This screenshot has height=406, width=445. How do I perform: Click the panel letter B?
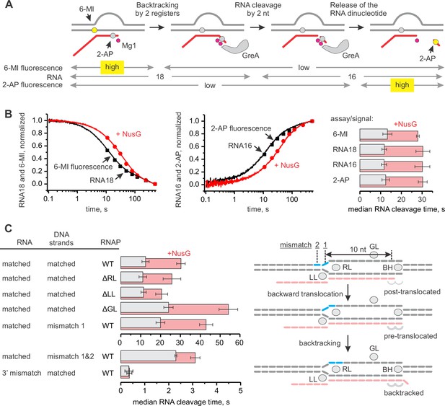[x=8, y=114]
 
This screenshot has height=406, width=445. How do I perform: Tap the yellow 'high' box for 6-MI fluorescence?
[x=112, y=67]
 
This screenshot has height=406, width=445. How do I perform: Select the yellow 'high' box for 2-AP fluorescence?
[x=402, y=85]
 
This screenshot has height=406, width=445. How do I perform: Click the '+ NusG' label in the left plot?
[x=128, y=134]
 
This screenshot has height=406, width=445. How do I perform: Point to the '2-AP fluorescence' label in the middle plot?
[x=241, y=128]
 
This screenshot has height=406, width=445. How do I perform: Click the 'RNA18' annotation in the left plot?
[x=102, y=180]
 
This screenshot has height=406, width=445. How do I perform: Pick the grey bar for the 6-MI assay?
[x=374, y=134]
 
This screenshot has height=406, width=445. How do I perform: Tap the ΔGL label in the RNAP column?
[x=110, y=309]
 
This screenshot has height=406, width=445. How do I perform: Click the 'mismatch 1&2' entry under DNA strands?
[x=71, y=356]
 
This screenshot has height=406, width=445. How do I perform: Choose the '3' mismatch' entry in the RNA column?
[x=22, y=373]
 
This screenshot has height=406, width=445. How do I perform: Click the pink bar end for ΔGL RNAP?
[x=228, y=309]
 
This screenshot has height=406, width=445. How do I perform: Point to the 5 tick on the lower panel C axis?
[x=240, y=391]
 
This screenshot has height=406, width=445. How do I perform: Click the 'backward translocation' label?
[x=305, y=294]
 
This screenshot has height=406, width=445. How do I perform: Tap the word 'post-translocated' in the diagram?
[x=412, y=291]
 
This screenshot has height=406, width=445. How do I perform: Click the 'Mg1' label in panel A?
[x=129, y=45]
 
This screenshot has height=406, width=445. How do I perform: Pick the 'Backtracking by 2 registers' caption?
[x=157, y=9]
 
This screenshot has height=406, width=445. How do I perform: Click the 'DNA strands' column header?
[x=61, y=239]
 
